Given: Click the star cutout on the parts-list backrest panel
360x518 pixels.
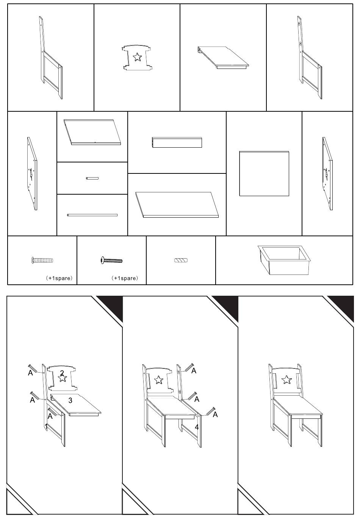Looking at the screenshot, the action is tap(137, 57).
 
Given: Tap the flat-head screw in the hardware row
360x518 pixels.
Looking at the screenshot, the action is tap(42, 260).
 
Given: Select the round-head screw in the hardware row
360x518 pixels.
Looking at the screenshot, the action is tap(111, 260).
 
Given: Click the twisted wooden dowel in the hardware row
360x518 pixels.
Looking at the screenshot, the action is tap(181, 260).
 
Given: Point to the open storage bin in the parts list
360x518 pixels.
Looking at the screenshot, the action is tap(284, 259).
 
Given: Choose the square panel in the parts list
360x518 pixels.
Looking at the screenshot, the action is tap(264, 173).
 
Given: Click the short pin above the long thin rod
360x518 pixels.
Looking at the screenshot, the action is tap(92, 178).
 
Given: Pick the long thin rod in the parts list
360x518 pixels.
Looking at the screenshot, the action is tap(92, 215).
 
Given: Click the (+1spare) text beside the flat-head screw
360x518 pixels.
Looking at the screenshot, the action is tap(59, 278).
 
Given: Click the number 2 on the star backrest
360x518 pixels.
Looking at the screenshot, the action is tap(62, 373).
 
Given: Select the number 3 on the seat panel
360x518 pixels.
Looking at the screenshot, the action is tap(70, 400).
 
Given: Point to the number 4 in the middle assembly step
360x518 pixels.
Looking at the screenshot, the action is tap(197, 427).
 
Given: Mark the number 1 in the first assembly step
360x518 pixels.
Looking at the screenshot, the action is tap(47, 426).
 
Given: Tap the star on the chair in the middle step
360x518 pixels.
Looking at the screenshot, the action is tap(159, 379).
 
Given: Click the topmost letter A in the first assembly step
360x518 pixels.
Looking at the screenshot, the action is tap(30, 373).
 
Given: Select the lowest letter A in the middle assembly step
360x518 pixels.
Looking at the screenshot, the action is tap(215, 415).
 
